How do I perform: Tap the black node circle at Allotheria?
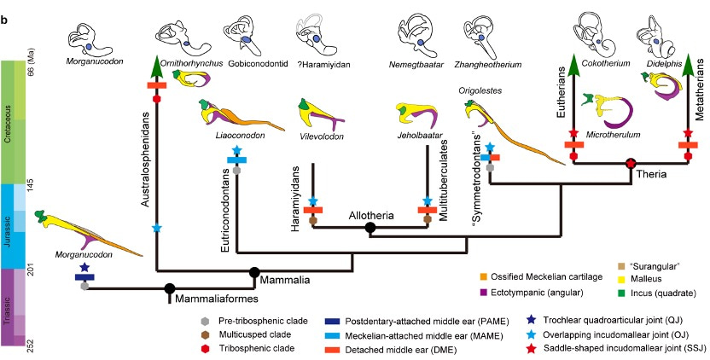click(x=370, y=228)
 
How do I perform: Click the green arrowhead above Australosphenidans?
click(x=157, y=65)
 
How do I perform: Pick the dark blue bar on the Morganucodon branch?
click(x=84, y=276)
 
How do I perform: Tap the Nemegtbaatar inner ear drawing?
click(x=418, y=26)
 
